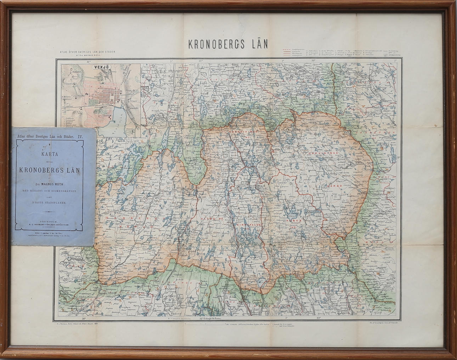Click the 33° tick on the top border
pos(313,61)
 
